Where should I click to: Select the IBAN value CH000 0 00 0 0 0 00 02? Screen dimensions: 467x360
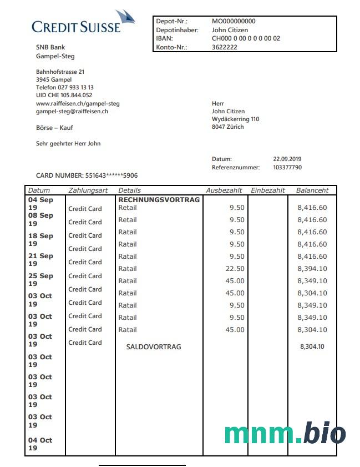246,39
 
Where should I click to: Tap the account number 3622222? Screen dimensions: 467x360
225,48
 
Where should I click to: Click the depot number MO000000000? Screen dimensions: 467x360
234,21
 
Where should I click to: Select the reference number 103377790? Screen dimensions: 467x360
287,167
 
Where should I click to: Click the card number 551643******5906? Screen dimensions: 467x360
111,175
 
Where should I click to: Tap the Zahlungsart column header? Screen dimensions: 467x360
88,190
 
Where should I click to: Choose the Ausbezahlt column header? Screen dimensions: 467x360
224,190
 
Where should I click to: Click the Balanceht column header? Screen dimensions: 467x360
312,190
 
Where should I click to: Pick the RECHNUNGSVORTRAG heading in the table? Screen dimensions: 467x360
159,199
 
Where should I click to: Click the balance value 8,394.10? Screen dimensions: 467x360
312,269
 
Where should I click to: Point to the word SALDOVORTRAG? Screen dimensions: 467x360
154,347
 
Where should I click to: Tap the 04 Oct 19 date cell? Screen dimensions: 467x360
40,444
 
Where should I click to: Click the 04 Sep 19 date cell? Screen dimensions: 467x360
40,203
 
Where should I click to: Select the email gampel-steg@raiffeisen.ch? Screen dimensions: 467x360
72,112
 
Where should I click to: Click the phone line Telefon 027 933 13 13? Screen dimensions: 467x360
65,87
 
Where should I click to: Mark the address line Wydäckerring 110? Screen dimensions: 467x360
235,119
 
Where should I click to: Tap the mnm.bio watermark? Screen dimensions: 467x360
285,434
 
